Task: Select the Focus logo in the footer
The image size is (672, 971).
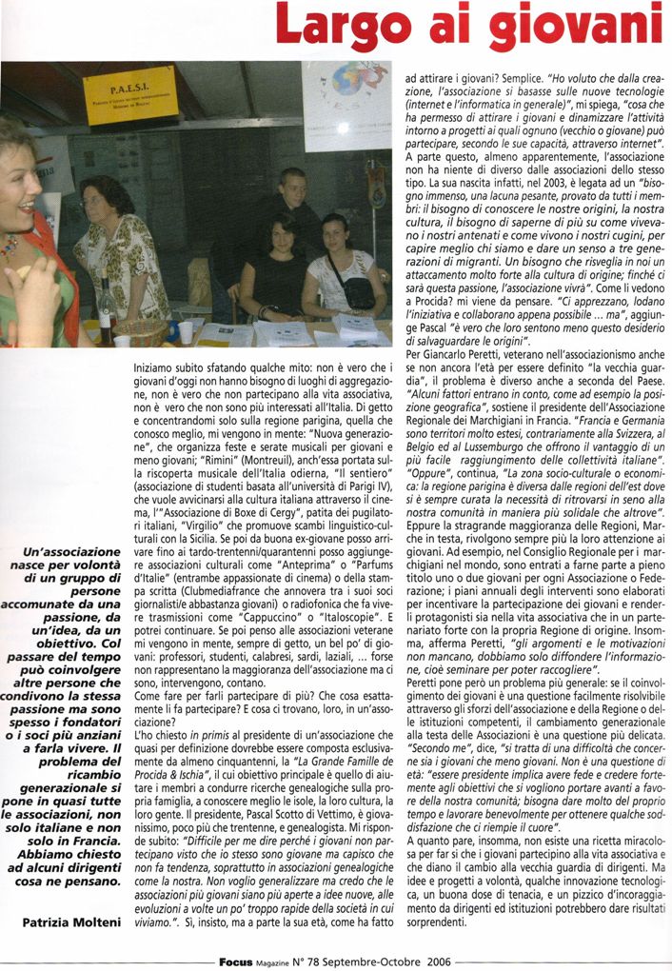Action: (x=236, y=961)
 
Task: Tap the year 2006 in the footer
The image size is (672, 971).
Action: (x=434, y=961)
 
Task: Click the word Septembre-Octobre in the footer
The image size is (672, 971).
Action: (x=368, y=961)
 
